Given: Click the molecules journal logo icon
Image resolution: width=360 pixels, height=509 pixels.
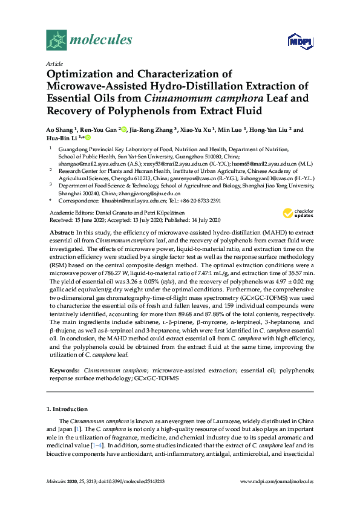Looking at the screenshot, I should click(56, 41).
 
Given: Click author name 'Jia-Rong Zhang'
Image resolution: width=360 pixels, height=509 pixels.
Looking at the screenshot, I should click(151, 130).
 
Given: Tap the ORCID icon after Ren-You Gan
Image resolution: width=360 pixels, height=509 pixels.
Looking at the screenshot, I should click(124, 129).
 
